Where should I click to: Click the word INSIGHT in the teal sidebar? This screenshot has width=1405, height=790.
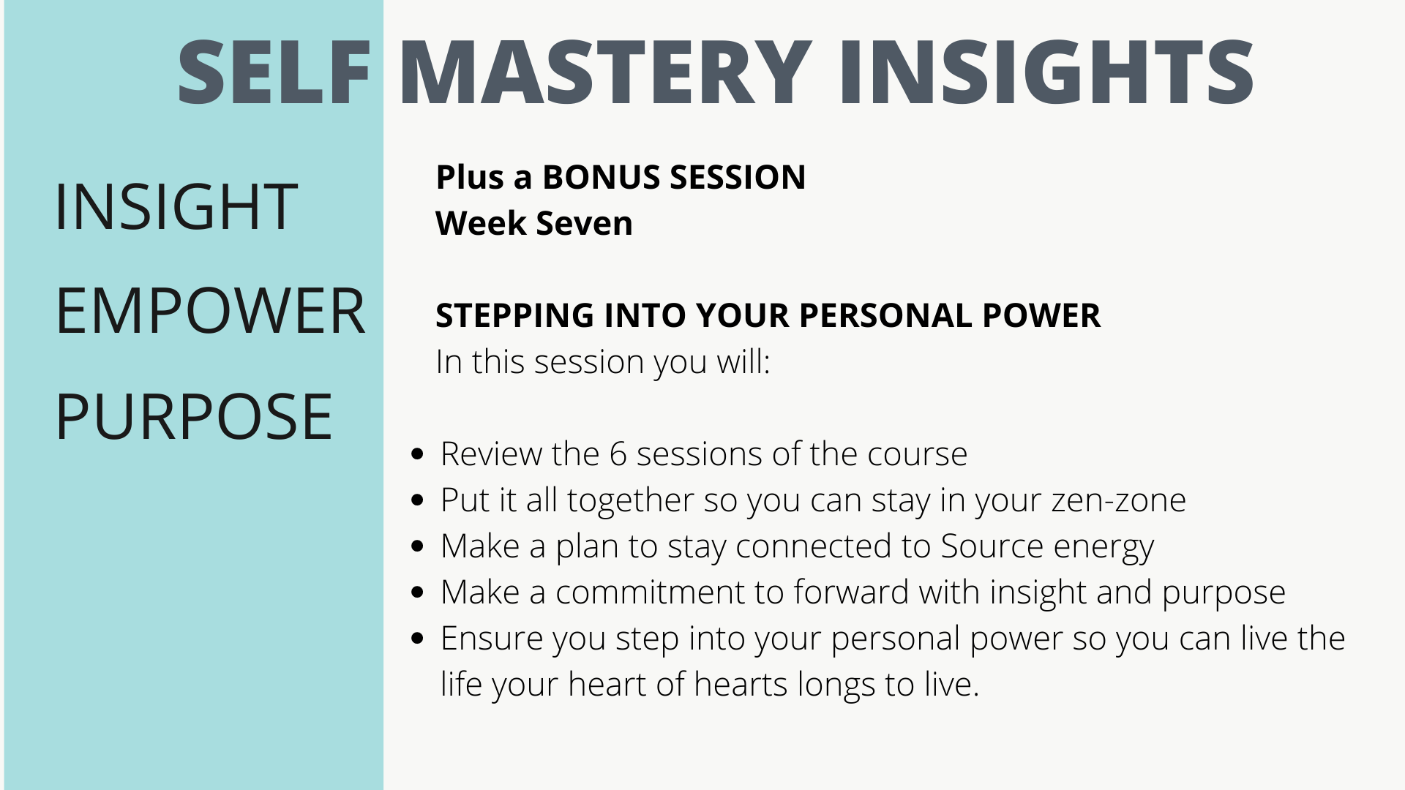coord(176,207)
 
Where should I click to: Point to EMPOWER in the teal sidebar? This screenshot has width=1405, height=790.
coord(210,312)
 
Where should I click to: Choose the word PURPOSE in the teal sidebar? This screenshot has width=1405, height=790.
coord(194,417)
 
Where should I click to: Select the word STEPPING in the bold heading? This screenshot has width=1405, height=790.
coord(514,316)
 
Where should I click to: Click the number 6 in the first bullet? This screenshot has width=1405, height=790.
coord(618,454)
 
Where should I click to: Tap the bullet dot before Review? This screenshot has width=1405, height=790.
coord(418,454)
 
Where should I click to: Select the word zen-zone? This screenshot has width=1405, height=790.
coord(1118,501)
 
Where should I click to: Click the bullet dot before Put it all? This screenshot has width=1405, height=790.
coord(418,500)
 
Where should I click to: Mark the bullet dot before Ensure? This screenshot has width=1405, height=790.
coord(418,639)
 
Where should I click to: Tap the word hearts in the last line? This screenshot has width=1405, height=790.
coord(740,685)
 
